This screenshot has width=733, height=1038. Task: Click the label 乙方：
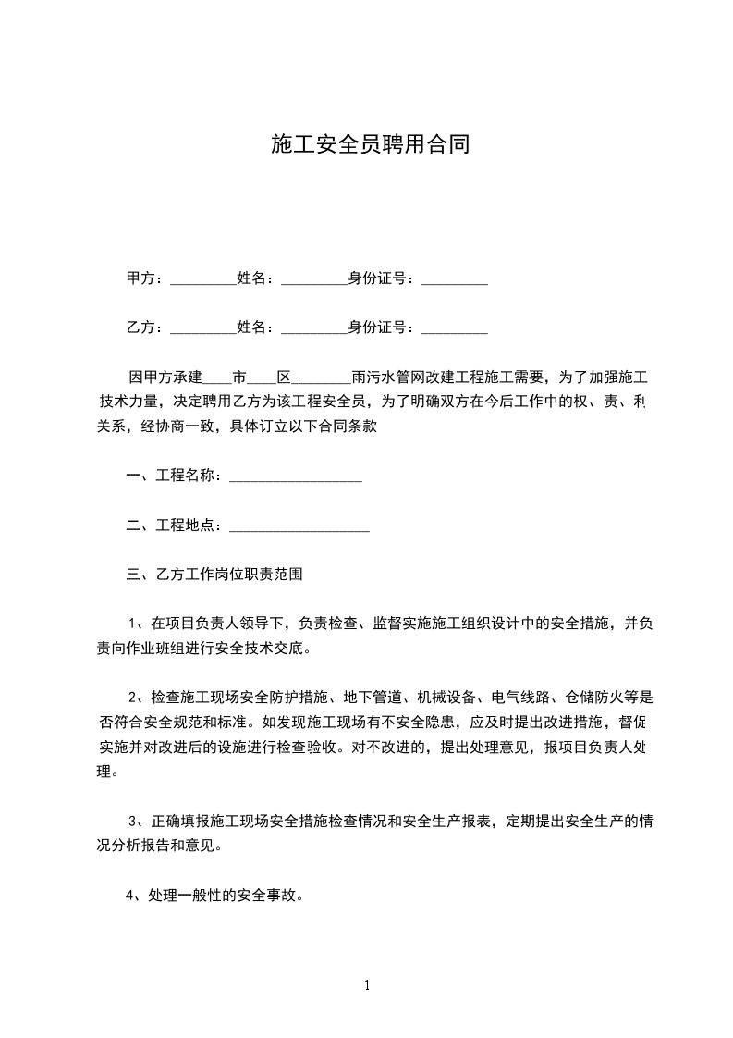pyautogui.click(x=144, y=327)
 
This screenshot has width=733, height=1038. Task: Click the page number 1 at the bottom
pyautogui.click(x=367, y=984)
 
